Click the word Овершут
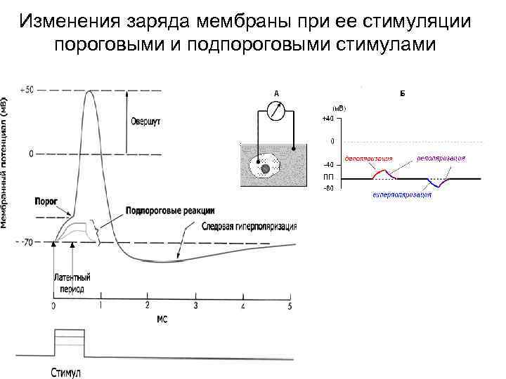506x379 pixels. pyautogui.click(x=145, y=121)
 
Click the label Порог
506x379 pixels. pyautogui.click(x=46, y=200)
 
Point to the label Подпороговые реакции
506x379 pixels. pyautogui.click(x=170, y=211)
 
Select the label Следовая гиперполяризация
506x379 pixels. pyautogui.click(x=249, y=227)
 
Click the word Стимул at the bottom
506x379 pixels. pyautogui.click(x=66, y=373)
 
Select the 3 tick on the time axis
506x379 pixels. pyautogui.click(x=195, y=307)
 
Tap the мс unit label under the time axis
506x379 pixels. pyautogui.click(x=161, y=319)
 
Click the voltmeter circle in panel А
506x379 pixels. pyautogui.click(x=276, y=112)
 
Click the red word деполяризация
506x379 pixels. pyautogui.click(x=369, y=158)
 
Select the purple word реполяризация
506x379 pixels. pyautogui.click(x=441, y=158)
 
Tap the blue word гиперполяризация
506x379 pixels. pyautogui.click(x=402, y=194)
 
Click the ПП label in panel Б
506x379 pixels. pyautogui.click(x=327, y=177)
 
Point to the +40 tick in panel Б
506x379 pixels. pyautogui.click(x=328, y=119)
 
